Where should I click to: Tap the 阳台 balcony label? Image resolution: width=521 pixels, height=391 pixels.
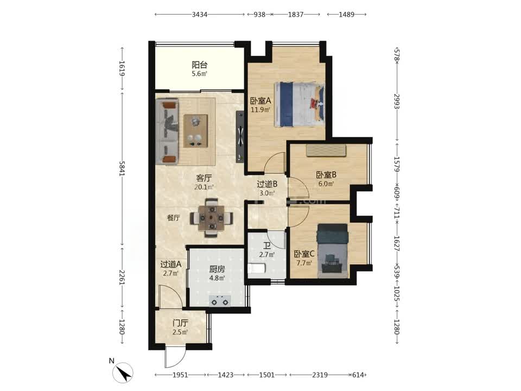click(199, 65)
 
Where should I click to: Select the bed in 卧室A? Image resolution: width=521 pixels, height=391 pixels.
click(300, 104)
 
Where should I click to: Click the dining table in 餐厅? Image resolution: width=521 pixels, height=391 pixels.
click(211, 218)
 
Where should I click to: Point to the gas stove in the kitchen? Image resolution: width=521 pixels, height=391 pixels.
click(220, 300)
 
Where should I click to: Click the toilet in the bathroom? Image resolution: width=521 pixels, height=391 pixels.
click(257, 268)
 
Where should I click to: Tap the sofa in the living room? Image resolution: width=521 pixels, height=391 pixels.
click(167, 131)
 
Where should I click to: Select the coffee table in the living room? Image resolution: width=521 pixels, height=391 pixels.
click(196, 131)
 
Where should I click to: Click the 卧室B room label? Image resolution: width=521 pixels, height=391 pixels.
click(326, 174)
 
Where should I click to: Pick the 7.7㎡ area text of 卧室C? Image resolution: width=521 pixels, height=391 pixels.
click(304, 263)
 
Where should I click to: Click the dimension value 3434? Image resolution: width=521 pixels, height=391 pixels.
click(200, 14)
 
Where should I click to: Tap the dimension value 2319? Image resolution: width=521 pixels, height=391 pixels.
click(320, 375)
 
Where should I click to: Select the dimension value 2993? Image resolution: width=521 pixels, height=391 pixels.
click(396, 101)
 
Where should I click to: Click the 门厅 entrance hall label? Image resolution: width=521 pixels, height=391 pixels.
click(180, 323)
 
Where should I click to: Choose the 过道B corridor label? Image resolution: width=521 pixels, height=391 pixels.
click(267, 184)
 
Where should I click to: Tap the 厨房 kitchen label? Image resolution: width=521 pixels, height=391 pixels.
click(217, 269)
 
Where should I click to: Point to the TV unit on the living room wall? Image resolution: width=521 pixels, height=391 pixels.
click(240, 136)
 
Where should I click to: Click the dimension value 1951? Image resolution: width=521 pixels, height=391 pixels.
click(180, 375)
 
